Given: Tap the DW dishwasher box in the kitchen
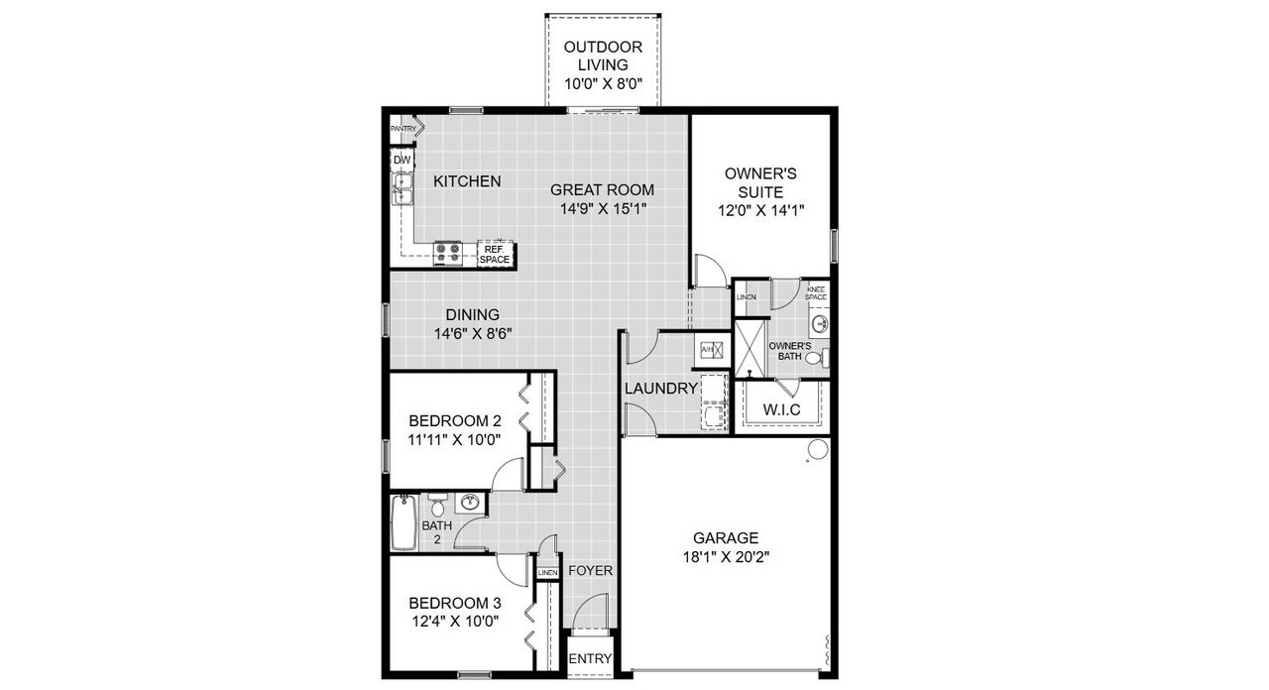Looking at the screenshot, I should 402,160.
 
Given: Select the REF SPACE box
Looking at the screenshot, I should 495,255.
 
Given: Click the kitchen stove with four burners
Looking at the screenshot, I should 448,253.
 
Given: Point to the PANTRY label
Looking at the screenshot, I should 403,129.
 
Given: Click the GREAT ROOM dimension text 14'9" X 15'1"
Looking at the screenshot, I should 602,209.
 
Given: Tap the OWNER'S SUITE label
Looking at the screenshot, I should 760,182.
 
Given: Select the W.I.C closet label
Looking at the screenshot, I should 782,409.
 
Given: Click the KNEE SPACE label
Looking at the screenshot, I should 816,293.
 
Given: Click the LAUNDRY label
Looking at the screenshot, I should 661,389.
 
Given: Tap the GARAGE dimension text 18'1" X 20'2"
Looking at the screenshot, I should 726,557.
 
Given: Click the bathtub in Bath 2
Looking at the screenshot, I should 404,523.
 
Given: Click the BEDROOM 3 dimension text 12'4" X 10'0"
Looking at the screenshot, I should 454,622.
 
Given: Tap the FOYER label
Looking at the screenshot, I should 590,571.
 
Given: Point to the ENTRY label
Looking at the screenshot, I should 591,659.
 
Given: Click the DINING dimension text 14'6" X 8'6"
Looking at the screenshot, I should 472,334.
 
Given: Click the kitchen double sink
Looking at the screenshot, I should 402,187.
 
